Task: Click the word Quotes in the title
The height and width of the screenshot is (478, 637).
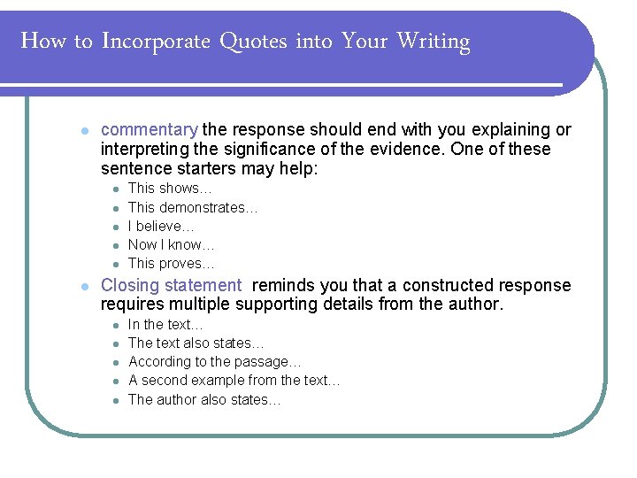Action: [252, 42]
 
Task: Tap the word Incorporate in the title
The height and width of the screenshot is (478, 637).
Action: [156, 42]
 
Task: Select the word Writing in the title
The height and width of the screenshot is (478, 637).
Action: [434, 42]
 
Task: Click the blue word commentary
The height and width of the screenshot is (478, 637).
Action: [150, 130]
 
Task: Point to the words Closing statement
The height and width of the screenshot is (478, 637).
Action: [171, 286]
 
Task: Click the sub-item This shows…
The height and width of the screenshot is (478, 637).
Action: [170, 189]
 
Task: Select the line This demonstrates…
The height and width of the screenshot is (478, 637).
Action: [193, 207]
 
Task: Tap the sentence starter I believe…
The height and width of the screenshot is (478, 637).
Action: [161, 227]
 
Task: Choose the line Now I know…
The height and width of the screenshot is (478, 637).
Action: [172, 245]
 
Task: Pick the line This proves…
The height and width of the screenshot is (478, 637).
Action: [172, 264]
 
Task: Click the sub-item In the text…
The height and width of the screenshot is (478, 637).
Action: [165, 325]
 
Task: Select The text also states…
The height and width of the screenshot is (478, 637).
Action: [196, 343]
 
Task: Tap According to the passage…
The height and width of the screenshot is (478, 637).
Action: [215, 362]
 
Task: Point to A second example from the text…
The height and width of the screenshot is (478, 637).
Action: [234, 381]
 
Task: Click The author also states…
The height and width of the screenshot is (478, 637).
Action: [204, 399]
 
